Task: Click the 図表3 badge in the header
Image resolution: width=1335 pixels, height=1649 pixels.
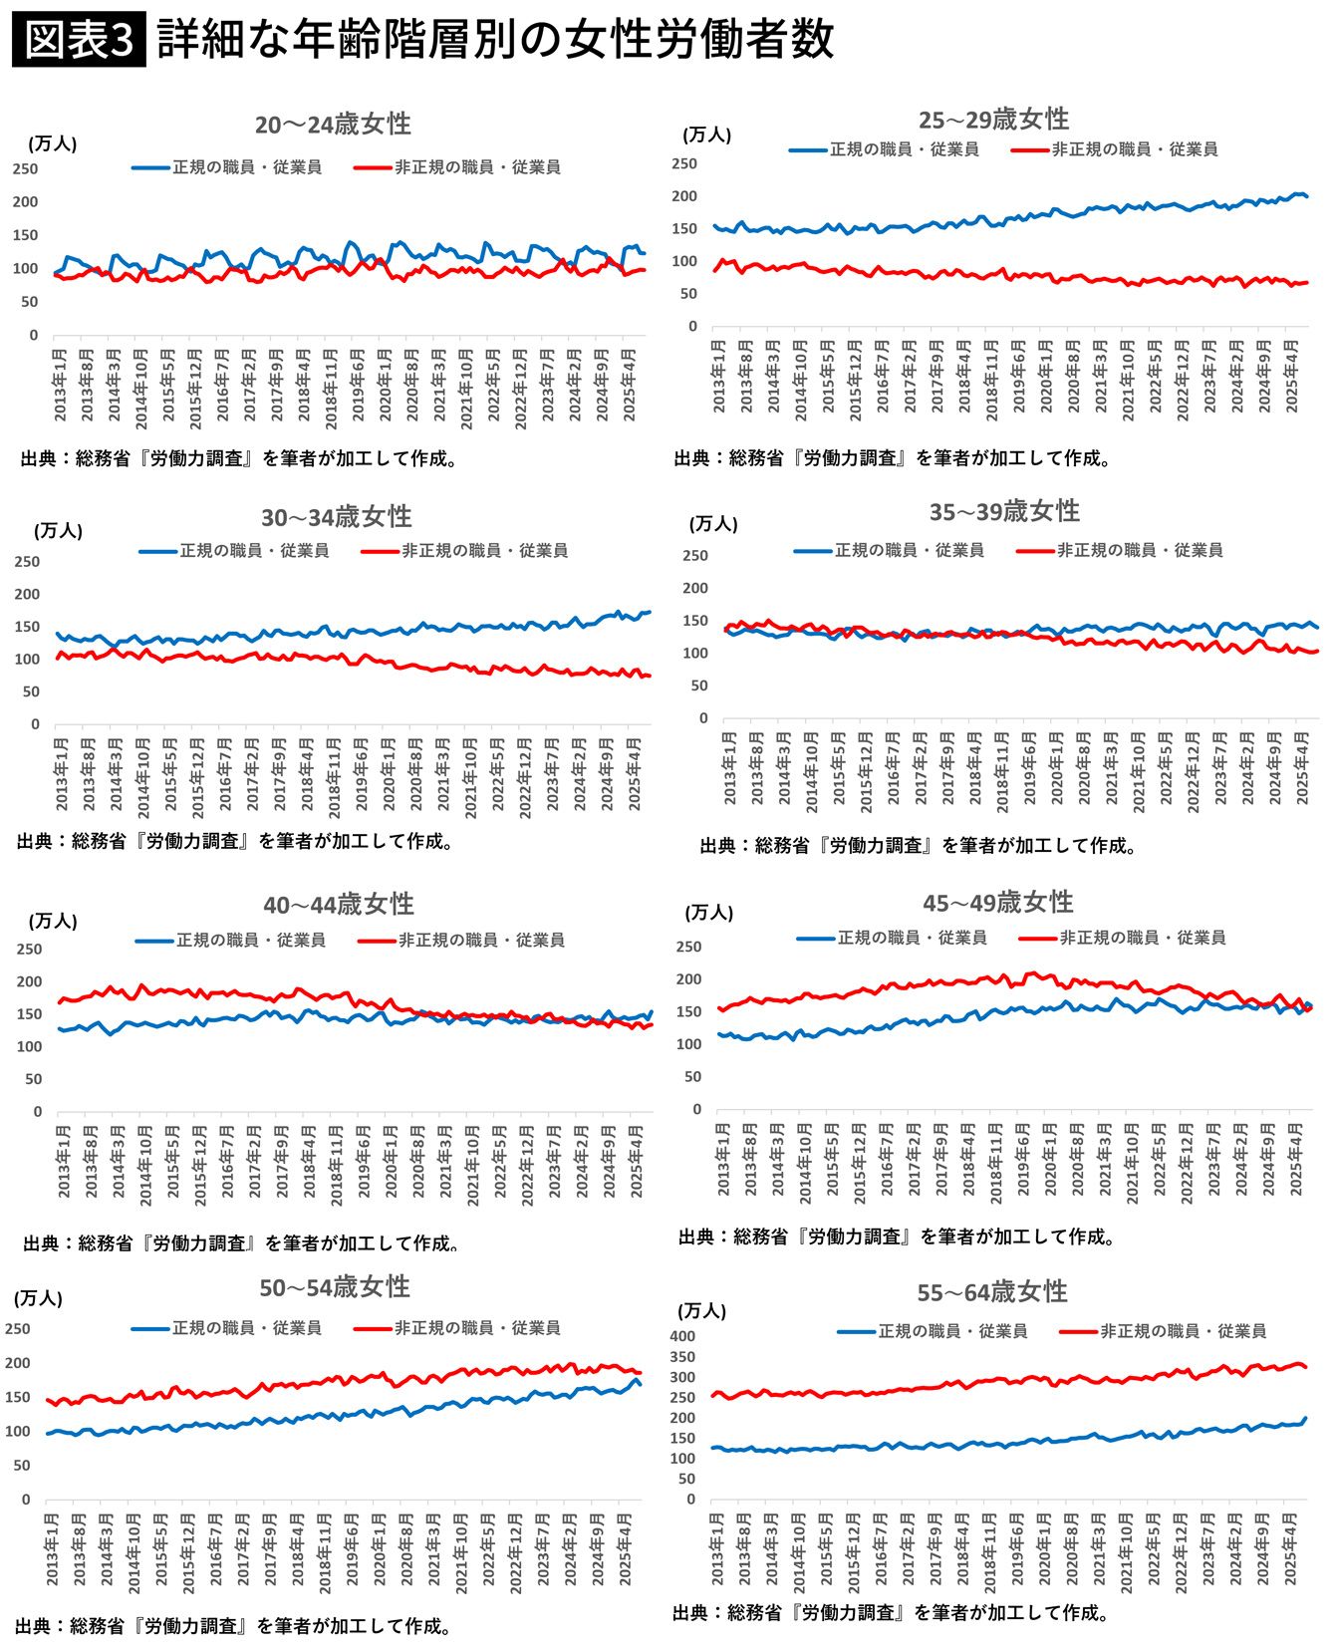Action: (79, 40)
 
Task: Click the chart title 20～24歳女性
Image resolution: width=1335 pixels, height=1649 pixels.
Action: (333, 124)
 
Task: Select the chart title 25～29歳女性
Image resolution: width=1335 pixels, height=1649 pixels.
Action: (993, 120)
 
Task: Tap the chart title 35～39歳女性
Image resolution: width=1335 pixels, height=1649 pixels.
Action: (1004, 511)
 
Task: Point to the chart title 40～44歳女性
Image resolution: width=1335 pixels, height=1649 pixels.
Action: (339, 904)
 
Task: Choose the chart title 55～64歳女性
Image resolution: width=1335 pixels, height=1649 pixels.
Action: (992, 1291)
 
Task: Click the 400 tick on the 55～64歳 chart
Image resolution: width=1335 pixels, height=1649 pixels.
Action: (682, 1336)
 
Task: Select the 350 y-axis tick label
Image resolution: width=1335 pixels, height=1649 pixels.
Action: (682, 1357)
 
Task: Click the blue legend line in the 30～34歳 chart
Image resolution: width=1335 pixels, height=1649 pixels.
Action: (157, 551)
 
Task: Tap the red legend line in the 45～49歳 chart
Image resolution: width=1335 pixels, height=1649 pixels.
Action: (1037, 938)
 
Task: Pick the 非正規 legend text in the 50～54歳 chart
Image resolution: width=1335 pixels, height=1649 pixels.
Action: (477, 1328)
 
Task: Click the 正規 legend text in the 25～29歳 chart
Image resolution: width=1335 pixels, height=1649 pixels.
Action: (904, 149)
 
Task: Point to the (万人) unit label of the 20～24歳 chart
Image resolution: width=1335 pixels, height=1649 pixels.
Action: (53, 143)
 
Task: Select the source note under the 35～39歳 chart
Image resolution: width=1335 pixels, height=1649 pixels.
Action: (918, 846)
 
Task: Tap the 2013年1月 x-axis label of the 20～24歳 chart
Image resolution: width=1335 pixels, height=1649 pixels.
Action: (60, 384)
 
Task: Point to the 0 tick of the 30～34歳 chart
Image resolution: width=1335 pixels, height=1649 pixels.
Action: (35, 724)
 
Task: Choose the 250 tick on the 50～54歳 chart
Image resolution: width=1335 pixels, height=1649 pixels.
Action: (18, 1328)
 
